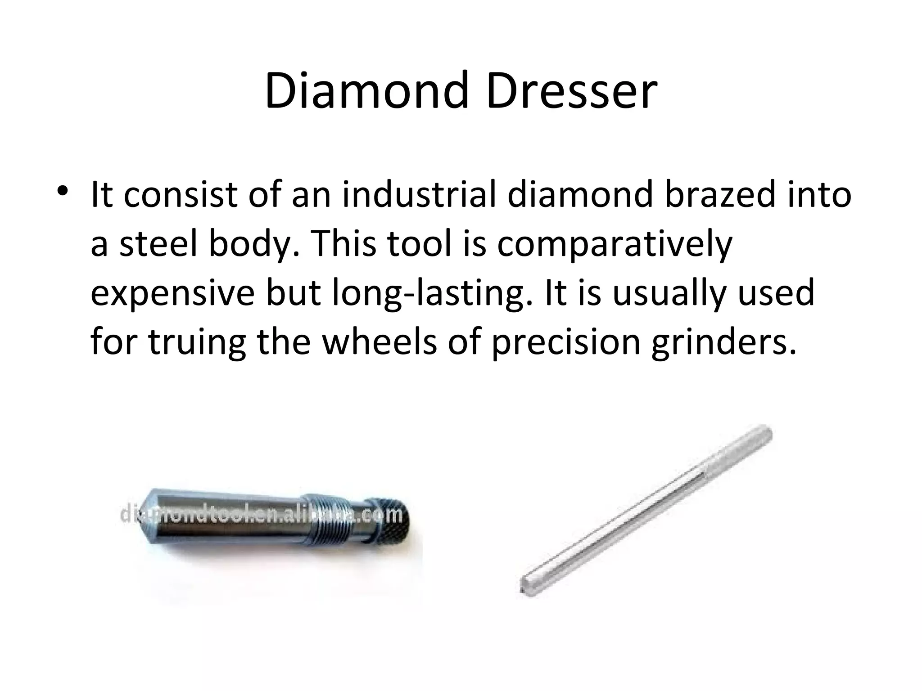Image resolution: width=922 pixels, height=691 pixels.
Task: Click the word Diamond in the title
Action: click(369, 92)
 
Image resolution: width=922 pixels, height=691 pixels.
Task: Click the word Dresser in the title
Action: click(572, 92)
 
